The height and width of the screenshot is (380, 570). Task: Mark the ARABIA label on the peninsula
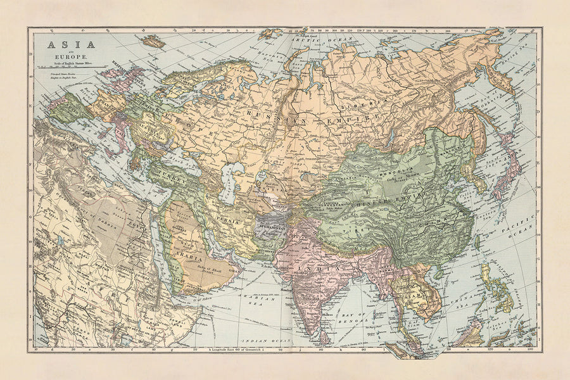point(189,259)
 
